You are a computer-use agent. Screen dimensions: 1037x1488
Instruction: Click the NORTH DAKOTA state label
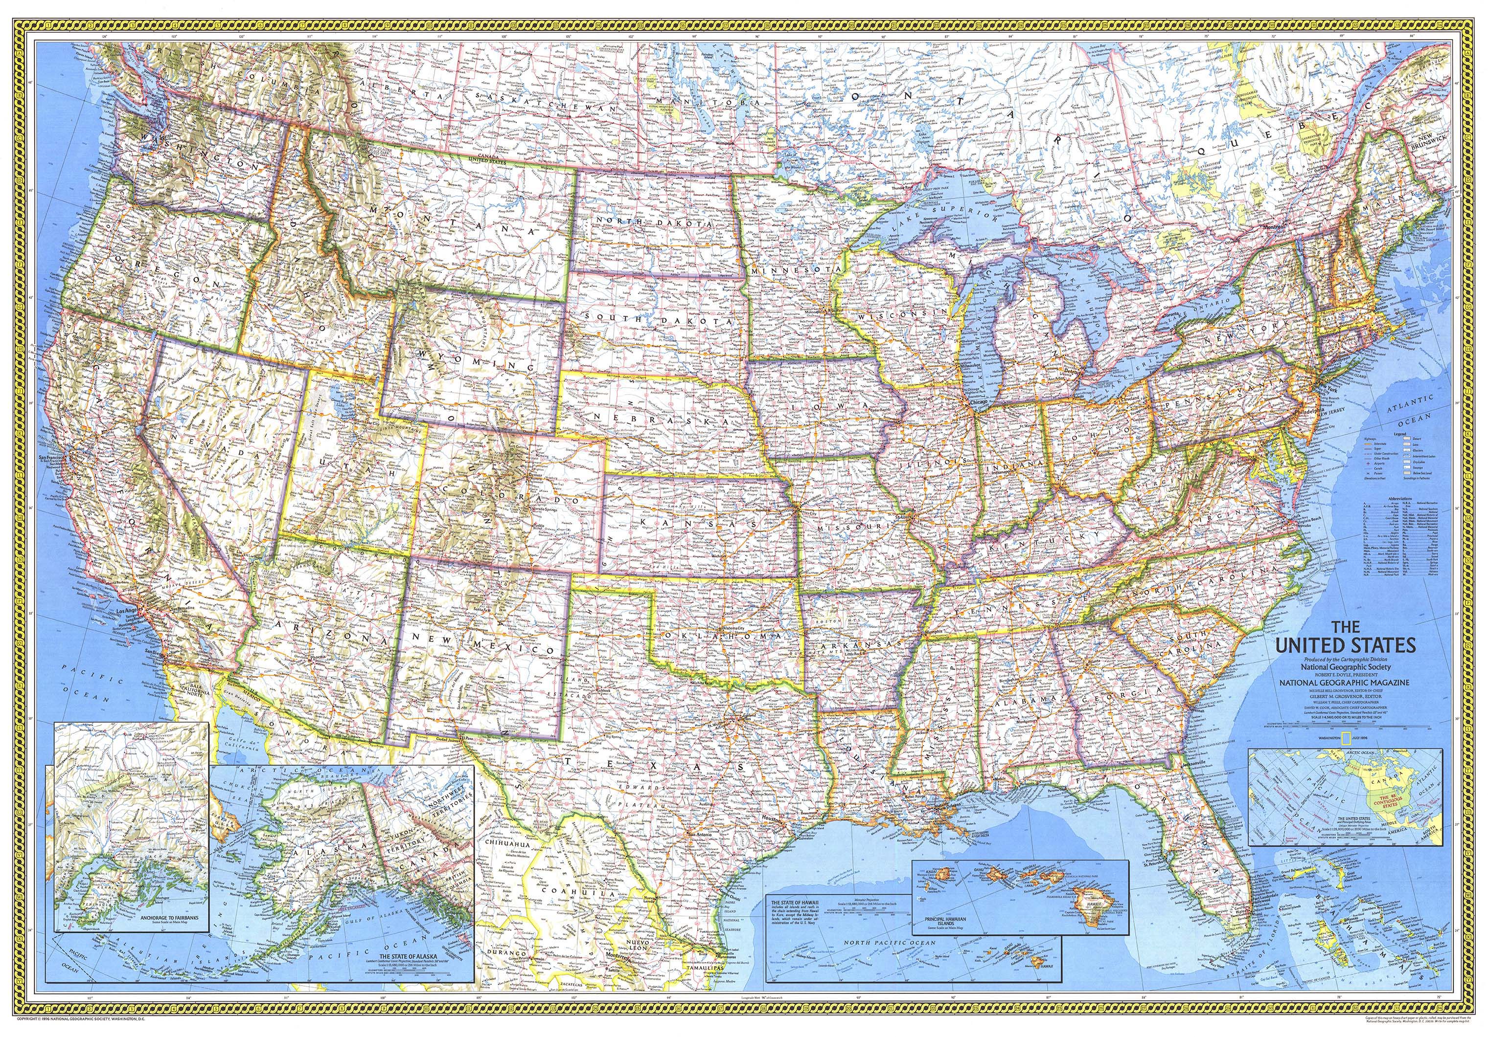pos(655,223)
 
